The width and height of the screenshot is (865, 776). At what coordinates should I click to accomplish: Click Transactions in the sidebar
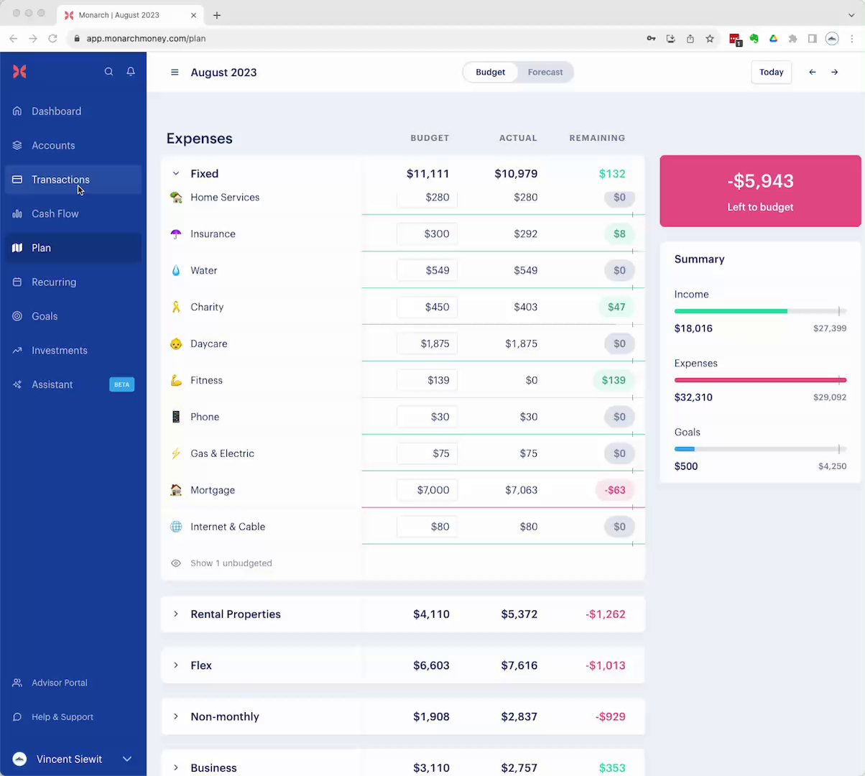point(60,180)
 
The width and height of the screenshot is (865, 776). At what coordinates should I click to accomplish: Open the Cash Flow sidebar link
point(55,214)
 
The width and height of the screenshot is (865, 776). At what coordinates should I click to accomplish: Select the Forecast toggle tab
point(545,73)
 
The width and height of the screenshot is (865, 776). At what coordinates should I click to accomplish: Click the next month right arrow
point(834,73)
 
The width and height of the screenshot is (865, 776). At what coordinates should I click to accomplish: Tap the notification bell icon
point(131,72)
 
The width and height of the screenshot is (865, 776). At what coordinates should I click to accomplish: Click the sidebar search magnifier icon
point(108,72)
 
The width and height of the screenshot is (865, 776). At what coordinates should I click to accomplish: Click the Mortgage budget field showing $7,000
point(427,490)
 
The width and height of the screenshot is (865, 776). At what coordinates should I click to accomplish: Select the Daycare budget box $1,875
point(427,343)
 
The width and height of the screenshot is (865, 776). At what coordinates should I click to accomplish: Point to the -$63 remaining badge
point(615,490)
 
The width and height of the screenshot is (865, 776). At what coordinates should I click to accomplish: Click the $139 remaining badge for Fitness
point(614,380)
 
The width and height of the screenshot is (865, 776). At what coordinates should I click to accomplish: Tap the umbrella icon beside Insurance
point(176,234)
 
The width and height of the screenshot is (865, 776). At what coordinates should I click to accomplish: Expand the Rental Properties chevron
point(175,614)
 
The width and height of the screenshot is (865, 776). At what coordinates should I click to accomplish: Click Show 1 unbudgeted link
point(231,563)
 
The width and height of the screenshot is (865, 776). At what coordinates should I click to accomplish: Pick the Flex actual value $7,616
point(519,665)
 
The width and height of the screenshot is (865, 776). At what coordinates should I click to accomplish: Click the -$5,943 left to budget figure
point(760,181)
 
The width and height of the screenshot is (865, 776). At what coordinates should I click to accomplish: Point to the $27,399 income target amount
point(829,328)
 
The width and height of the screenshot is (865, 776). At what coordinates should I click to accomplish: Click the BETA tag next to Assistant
point(121,384)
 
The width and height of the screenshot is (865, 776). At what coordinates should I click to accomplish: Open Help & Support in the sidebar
point(62,717)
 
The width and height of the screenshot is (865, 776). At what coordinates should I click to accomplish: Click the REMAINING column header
point(597,138)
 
